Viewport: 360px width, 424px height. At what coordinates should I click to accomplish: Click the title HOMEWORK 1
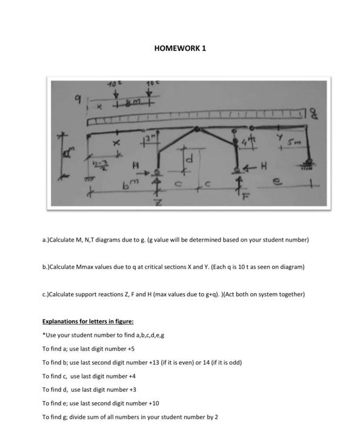tap(180, 48)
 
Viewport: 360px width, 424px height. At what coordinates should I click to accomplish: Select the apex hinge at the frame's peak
tap(198, 129)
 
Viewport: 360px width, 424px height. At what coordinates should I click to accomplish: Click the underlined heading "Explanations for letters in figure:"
tap(87, 321)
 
